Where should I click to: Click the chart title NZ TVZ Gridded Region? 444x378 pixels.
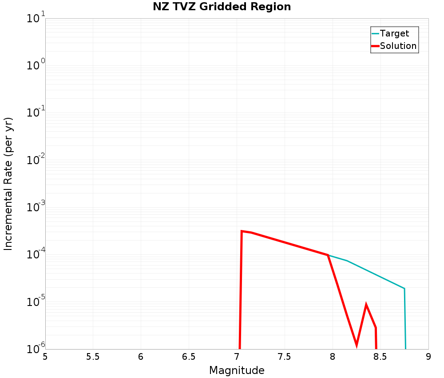(x=222, y=7)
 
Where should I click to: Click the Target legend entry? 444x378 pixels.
(x=394, y=33)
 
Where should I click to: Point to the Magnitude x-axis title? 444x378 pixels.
(x=237, y=370)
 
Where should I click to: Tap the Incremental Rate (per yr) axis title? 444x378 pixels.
(x=9, y=184)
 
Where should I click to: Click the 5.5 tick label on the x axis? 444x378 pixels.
(x=93, y=357)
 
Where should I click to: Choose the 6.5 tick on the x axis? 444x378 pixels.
(x=189, y=357)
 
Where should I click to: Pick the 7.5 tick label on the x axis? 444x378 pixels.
(x=285, y=357)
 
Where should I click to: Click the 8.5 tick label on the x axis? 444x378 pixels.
(x=381, y=357)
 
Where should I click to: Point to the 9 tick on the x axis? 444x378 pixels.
(x=428, y=357)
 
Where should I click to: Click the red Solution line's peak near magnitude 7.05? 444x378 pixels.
(x=242, y=231)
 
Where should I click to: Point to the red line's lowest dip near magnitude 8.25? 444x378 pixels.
(x=357, y=345)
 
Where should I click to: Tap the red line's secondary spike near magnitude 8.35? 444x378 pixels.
(x=366, y=305)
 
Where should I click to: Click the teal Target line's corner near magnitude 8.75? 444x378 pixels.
(x=404, y=289)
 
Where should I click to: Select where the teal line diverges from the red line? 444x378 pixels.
(x=328, y=255)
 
